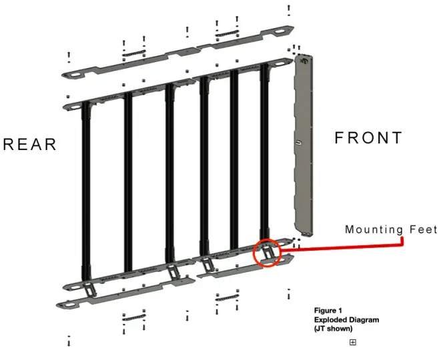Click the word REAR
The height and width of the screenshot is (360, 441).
pyautogui.click(x=30, y=145)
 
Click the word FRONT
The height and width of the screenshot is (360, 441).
pyautogui.click(x=368, y=138)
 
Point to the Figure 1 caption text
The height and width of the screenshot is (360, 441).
pyautogui.click(x=328, y=311)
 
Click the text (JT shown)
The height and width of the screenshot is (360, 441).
pyautogui.click(x=334, y=329)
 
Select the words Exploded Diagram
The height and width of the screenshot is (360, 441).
pyautogui.click(x=346, y=320)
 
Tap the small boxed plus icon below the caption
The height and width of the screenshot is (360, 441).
pyautogui.click(x=353, y=342)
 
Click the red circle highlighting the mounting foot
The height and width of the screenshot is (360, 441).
pyautogui.click(x=268, y=253)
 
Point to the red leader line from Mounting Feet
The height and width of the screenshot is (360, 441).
pyautogui.click(x=347, y=247)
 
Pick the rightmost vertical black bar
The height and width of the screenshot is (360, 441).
pyautogui.click(x=264, y=153)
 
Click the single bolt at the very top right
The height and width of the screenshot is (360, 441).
pyautogui.click(x=288, y=9)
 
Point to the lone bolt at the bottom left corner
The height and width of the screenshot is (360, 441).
pyautogui.click(x=69, y=341)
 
